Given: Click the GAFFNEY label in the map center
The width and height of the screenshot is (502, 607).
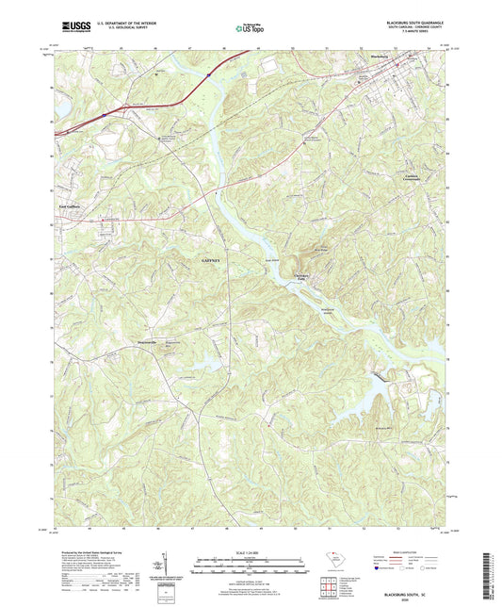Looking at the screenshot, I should pyautogui.click(x=214, y=257).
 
